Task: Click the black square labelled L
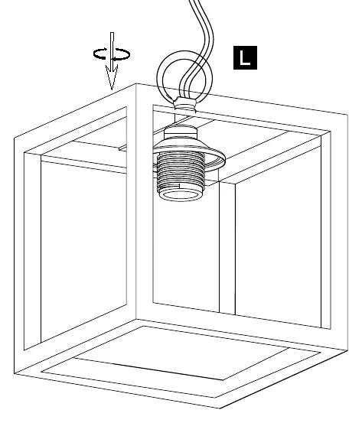point(245,57)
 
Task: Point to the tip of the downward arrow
point(112,89)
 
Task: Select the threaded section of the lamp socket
point(181,171)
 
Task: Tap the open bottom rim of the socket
point(179,196)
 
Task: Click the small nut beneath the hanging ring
point(185,104)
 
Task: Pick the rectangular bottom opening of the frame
point(181,362)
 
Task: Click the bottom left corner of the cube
point(14,373)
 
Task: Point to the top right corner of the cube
point(347,115)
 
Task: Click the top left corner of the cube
point(14,138)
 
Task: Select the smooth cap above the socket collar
point(181,133)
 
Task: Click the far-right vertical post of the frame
point(339,232)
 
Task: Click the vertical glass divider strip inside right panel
point(227,248)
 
